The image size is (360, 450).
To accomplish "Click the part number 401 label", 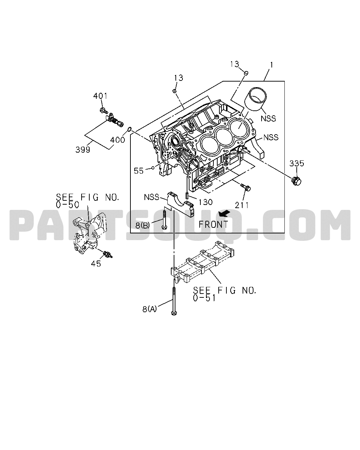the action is click(100, 96).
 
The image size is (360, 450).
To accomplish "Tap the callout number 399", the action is click(83, 149).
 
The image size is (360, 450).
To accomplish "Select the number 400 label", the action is click(117, 140).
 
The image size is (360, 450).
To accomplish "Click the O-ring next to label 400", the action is click(129, 130).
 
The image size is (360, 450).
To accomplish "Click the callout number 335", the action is click(297, 163).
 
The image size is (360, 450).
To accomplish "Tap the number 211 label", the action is click(242, 205).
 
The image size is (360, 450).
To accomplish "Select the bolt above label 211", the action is click(246, 187).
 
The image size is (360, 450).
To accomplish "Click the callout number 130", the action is click(205, 202).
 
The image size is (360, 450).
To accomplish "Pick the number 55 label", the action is click(139, 171).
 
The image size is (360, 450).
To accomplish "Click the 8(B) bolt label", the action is click(143, 225).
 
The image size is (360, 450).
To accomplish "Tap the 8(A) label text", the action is click(149, 309).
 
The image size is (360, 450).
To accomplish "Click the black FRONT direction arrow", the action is click(224, 213).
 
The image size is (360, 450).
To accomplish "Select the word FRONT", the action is click(213, 224).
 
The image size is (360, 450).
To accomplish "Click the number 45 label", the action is click(96, 264).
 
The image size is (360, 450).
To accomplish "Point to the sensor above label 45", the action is click(108, 255).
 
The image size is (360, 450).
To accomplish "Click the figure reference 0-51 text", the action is click(204, 298).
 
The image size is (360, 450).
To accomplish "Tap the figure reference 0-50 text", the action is click(67, 205).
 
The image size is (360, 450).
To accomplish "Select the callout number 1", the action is click(271, 65).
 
